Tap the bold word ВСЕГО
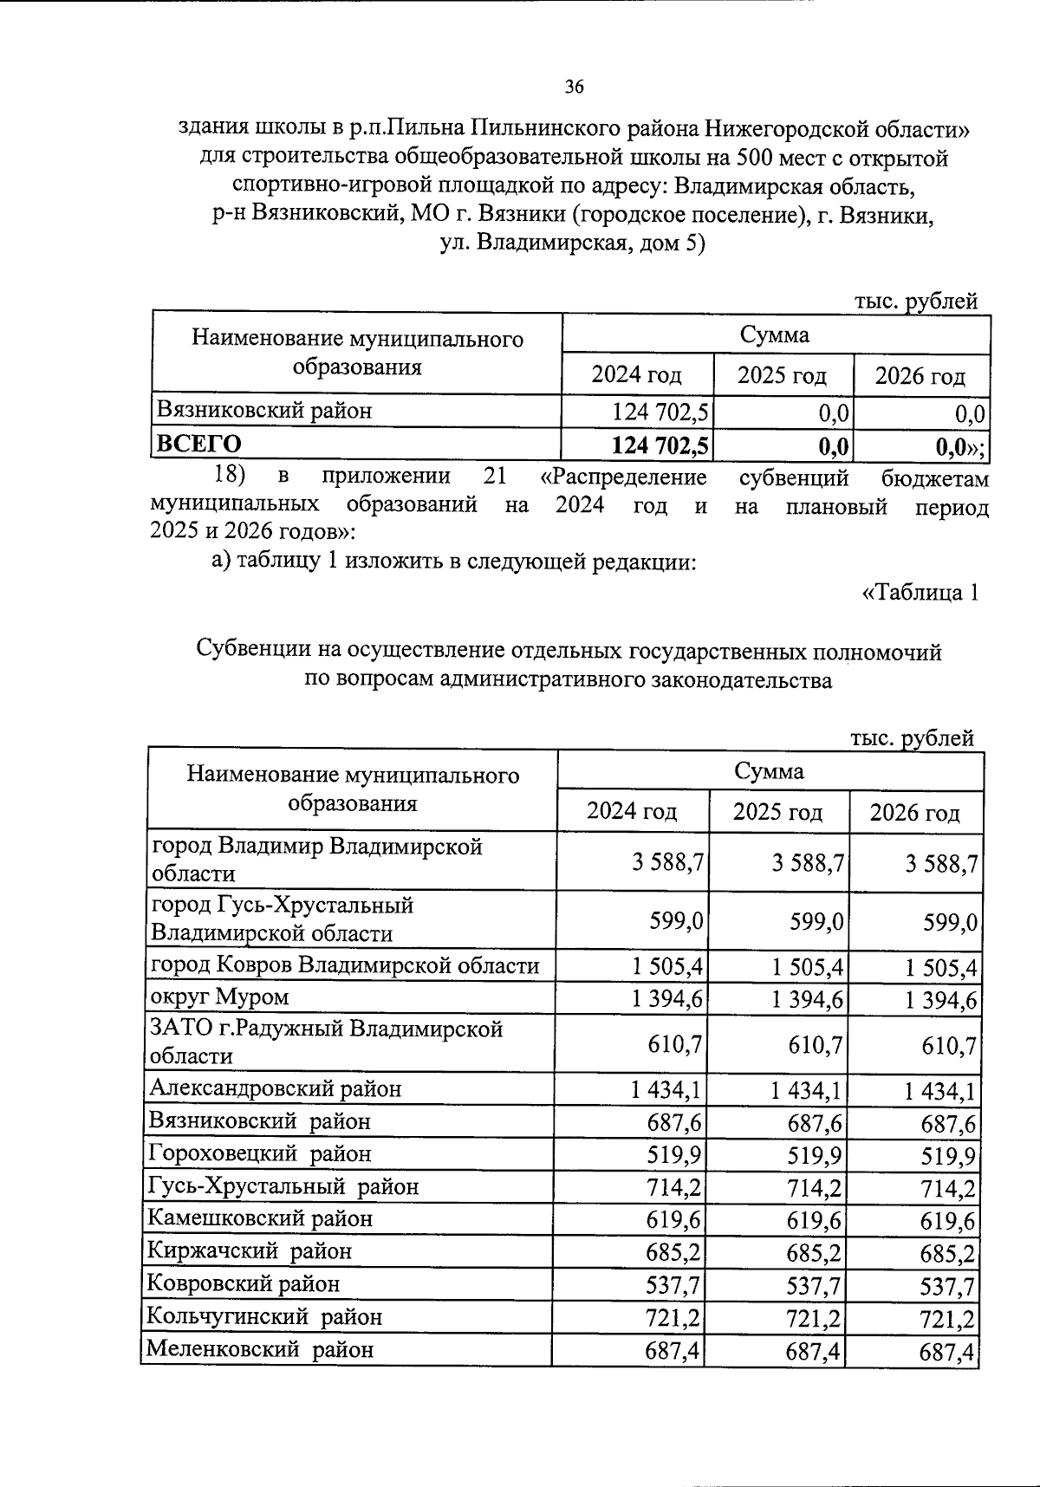coord(198,444)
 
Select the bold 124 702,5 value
coord(660,446)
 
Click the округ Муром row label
coord(219,997)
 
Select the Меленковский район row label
coord(260,1349)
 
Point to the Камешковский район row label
coord(260,1218)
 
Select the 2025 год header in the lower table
coord(777,812)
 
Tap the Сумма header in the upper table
coord(775,334)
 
